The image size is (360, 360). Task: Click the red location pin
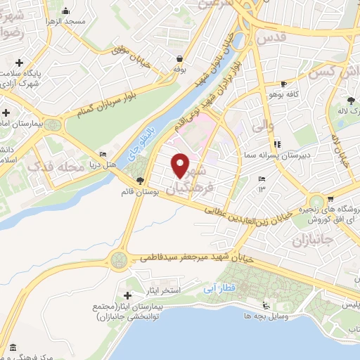tap(181, 165)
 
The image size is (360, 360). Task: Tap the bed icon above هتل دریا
tap(103, 155)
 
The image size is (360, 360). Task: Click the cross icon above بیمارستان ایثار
tap(127, 294)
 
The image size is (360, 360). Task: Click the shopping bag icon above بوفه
tap(181, 59)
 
